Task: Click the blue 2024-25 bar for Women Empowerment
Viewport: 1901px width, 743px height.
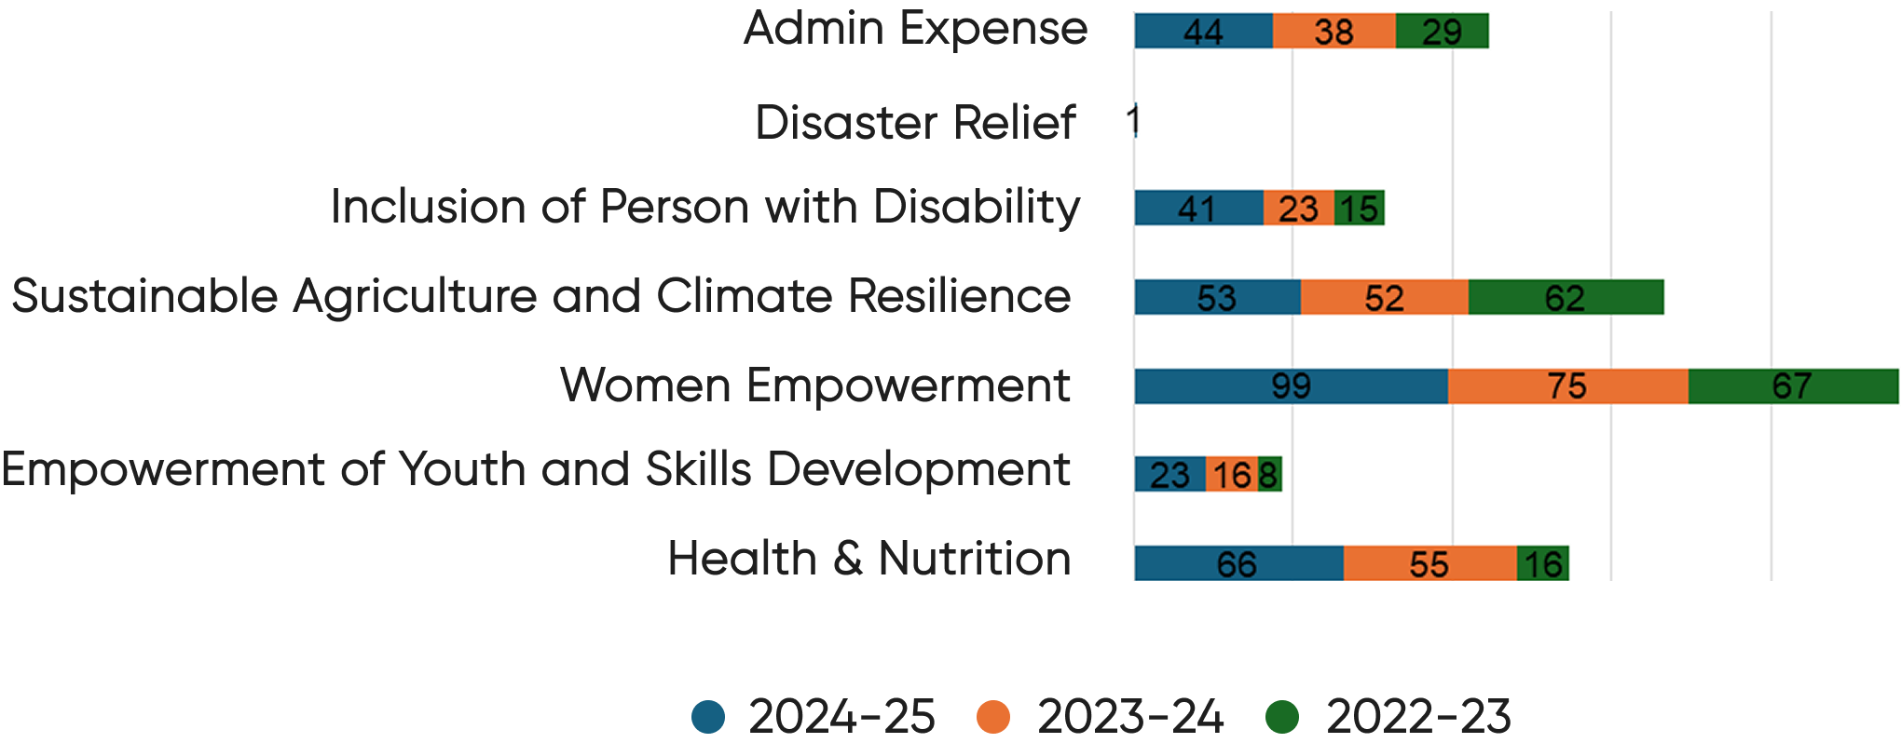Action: (x=1291, y=386)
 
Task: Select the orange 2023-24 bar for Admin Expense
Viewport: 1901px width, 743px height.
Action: (x=1333, y=32)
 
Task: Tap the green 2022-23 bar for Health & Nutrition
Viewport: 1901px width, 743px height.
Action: (x=1542, y=564)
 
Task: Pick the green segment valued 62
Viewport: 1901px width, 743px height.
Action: (x=1566, y=298)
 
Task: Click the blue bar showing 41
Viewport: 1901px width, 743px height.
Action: (x=1198, y=209)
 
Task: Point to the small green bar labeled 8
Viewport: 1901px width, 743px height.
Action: (x=1270, y=475)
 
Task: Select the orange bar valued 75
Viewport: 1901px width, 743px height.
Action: (x=1567, y=386)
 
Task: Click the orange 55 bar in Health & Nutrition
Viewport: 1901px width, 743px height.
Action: (x=1429, y=564)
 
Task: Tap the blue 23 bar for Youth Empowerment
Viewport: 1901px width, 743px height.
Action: (x=1169, y=475)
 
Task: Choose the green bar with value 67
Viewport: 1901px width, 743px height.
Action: (x=1793, y=386)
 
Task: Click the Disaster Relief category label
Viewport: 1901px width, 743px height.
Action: (x=915, y=123)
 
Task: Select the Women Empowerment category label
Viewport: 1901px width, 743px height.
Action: (x=815, y=385)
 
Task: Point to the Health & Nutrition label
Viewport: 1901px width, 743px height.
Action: (x=868, y=559)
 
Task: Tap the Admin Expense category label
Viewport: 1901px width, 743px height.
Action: (x=915, y=28)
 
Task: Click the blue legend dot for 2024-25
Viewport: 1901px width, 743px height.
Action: (x=708, y=717)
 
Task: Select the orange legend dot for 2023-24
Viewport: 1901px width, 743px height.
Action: (x=992, y=717)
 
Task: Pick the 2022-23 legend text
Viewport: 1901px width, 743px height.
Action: (x=1418, y=717)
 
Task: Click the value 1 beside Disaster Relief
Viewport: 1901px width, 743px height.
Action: (x=1133, y=121)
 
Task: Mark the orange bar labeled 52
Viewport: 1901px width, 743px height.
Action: (x=1384, y=298)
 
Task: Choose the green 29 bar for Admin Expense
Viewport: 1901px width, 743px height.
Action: (x=1442, y=32)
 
